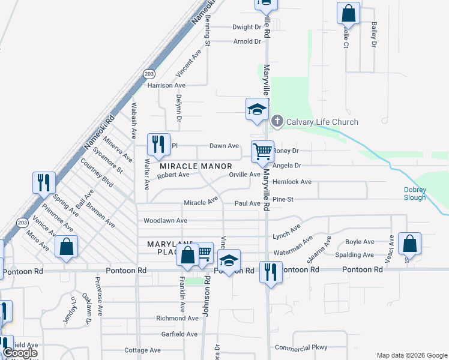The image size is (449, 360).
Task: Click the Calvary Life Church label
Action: pyautogui.click(x=322, y=122)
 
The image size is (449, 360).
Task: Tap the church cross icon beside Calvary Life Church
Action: pyautogui.click(x=277, y=121)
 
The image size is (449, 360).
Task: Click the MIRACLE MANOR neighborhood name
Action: pyautogui.click(x=195, y=166)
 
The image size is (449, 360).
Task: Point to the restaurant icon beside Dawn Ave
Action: pyautogui.click(x=158, y=143)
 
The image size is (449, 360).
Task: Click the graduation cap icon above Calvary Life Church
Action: pyautogui.click(x=256, y=109)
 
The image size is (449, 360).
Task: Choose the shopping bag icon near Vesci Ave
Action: pyautogui.click(x=409, y=243)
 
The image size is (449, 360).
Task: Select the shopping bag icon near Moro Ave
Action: pyautogui.click(x=66, y=246)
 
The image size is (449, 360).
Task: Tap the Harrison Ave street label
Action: pyautogui.click(x=169, y=86)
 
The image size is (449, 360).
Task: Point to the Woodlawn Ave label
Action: pyautogui.click(x=166, y=221)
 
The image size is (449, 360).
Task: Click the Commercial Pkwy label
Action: pyautogui.click(x=302, y=347)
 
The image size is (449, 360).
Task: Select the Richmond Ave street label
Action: pyautogui.click(x=177, y=318)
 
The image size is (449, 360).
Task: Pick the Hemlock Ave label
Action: pyautogui.click(x=292, y=181)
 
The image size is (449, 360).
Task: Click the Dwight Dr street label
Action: pyautogui.click(x=247, y=27)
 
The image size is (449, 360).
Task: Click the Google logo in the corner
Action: pyautogui.click(x=20, y=353)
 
